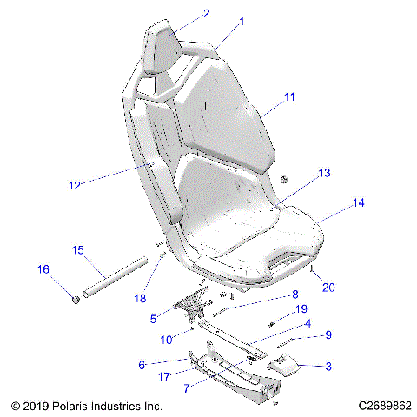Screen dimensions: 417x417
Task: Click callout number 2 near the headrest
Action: point(206,13)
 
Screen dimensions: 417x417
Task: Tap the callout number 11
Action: point(289,97)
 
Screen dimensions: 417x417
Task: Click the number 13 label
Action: point(299,174)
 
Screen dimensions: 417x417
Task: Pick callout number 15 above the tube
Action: point(77,250)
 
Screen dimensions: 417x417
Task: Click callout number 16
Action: point(43,270)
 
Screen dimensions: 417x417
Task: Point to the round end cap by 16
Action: point(76,300)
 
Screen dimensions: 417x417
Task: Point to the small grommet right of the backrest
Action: point(284,178)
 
